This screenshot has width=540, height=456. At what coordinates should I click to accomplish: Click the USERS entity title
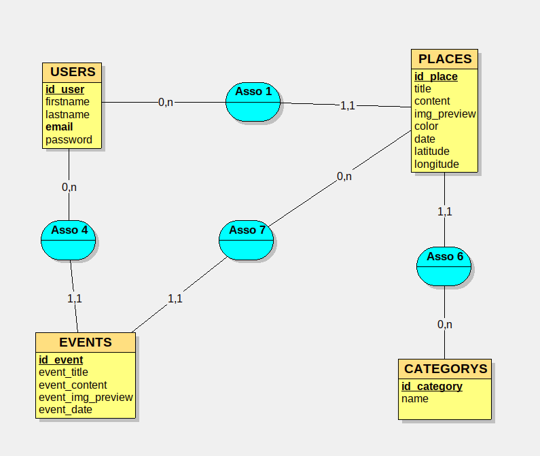click(73, 72)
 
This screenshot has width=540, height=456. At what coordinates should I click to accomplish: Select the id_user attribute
click(65, 90)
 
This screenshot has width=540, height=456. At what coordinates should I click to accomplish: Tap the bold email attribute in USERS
click(59, 127)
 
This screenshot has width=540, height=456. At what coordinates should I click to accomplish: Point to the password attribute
click(69, 140)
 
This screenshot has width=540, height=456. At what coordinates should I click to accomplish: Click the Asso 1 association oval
click(253, 102)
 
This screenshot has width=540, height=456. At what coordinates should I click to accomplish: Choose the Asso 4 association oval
click(69, 240)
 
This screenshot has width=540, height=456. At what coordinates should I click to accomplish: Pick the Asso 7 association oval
click(247, 240)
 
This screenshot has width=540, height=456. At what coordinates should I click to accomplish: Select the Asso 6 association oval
click(444, 266)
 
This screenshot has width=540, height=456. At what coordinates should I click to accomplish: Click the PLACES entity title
click(445, 59)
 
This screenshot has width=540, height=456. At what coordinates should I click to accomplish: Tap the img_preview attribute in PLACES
click(445, 114)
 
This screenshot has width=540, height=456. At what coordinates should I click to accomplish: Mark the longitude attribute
click(437, 164)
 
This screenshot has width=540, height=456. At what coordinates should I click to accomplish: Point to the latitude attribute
click(432, 152)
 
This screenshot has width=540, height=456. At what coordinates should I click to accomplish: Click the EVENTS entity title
click(86, 342)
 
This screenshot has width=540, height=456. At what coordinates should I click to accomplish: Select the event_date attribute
click(65, 410)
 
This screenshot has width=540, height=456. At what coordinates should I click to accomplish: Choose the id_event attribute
click(61, 360)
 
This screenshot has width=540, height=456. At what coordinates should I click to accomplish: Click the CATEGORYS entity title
click(446, 369)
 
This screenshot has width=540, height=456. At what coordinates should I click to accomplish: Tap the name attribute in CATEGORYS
click(415, 399)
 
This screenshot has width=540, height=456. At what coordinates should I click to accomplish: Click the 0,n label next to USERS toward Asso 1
click(166, 103)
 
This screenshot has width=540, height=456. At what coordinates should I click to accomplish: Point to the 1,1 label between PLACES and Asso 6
click(445, 211)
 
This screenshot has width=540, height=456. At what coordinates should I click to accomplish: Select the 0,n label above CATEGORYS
click(445, 325)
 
